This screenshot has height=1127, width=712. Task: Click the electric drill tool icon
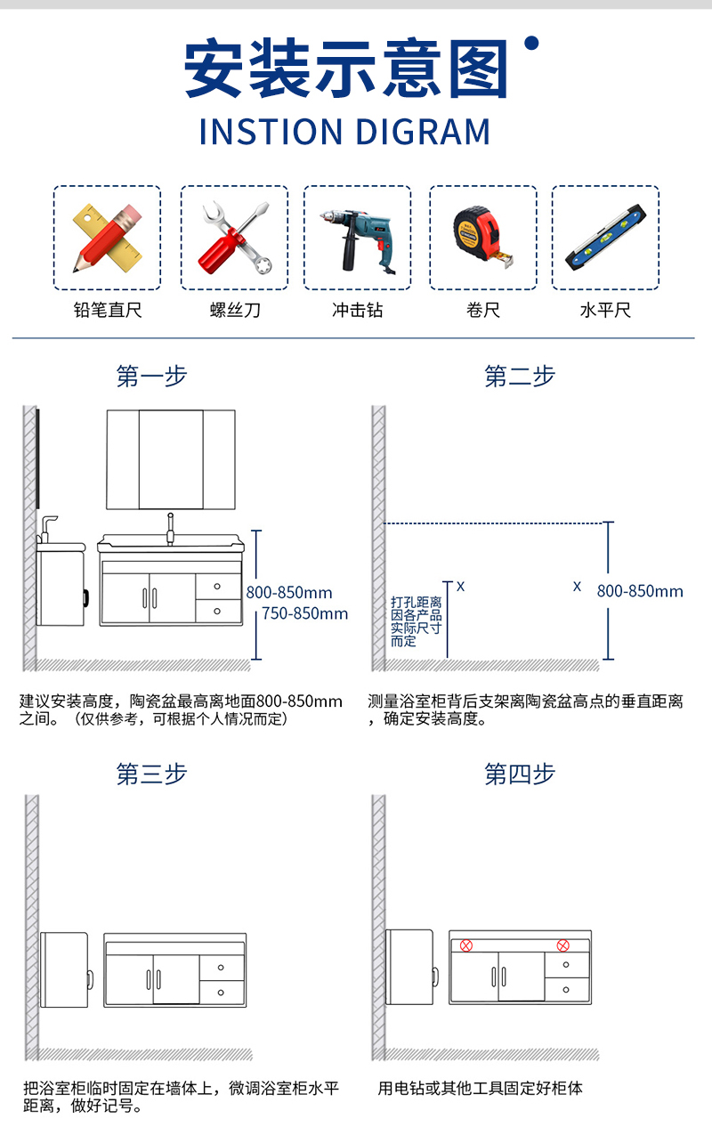pyautogui.click(x=357, y=240)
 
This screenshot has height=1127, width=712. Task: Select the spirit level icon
pyautogui.click(x=605, y=238)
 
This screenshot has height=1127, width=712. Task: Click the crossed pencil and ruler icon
pyautogui.click(x=108, y=239)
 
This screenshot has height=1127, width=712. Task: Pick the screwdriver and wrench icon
pyautogui.click(x=236, y=238)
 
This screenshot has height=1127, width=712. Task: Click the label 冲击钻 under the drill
pyautogui.click(x=357, y=310)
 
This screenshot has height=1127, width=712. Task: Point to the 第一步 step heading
pyautogui.click(x=151, y=376)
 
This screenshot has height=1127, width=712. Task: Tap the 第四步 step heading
pyautogui.click(x=520, y=774)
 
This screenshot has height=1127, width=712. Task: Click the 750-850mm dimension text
pyautogui.click(x=305, y=613)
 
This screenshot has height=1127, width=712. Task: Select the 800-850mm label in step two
pyautogui.click(x=640, y=591)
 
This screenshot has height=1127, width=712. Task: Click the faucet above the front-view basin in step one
pyautogui.click(x=171, y=529)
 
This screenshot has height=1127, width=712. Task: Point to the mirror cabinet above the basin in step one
pyautogui.click(x=171, y=459)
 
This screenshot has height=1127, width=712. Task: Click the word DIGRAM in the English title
pyautogui.click(x=423, y=132)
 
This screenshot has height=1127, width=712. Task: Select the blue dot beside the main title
pyautogui.click(x=531, y=44)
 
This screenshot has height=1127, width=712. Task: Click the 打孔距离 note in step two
pyautogui.click(x=417, y=603)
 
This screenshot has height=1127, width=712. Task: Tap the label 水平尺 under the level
pyautogui.click(x=605, y=310)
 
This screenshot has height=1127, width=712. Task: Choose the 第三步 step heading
pyautogui.click(x=151, y=774)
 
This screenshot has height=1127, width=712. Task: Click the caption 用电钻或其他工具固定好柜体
pyautogui.click(x=480, y=1088)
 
